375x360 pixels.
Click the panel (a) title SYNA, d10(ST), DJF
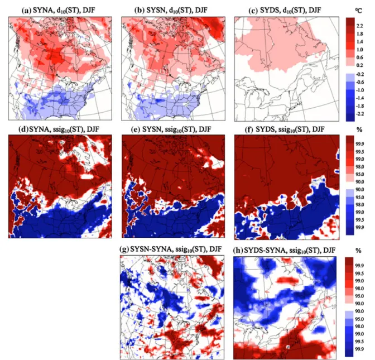(x=59, y=11)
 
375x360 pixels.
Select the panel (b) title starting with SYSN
(x=171, y=11)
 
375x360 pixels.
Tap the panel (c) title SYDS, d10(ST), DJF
(x=285, y=11)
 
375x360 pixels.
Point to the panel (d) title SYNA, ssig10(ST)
(x=59, y=129)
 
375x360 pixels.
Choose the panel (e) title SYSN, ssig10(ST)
(x=171, y=129)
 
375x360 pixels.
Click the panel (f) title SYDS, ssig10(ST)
(x=285, y=129)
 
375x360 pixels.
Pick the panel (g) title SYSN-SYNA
(x=171, y=249)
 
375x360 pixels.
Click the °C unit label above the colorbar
(x=358, y=11)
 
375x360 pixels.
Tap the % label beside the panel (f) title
(x=359, y=130)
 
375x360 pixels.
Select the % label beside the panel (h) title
(x=358, y=251)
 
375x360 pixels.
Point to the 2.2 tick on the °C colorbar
(x=360, y=26)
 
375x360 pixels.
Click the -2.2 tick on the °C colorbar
(x=359, y=114)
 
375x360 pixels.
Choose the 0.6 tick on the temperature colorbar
(x=360, y=57)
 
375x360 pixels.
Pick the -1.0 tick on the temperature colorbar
(x=359, y=90)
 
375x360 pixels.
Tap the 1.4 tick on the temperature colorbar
(x=360, y=42)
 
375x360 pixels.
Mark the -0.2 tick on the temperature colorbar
(x=359, y=74)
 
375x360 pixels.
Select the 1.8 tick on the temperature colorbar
(x=360, y=33)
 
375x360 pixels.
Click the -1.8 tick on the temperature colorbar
(x=359, y=106)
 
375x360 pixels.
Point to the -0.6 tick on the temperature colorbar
(x=359, y=82)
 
